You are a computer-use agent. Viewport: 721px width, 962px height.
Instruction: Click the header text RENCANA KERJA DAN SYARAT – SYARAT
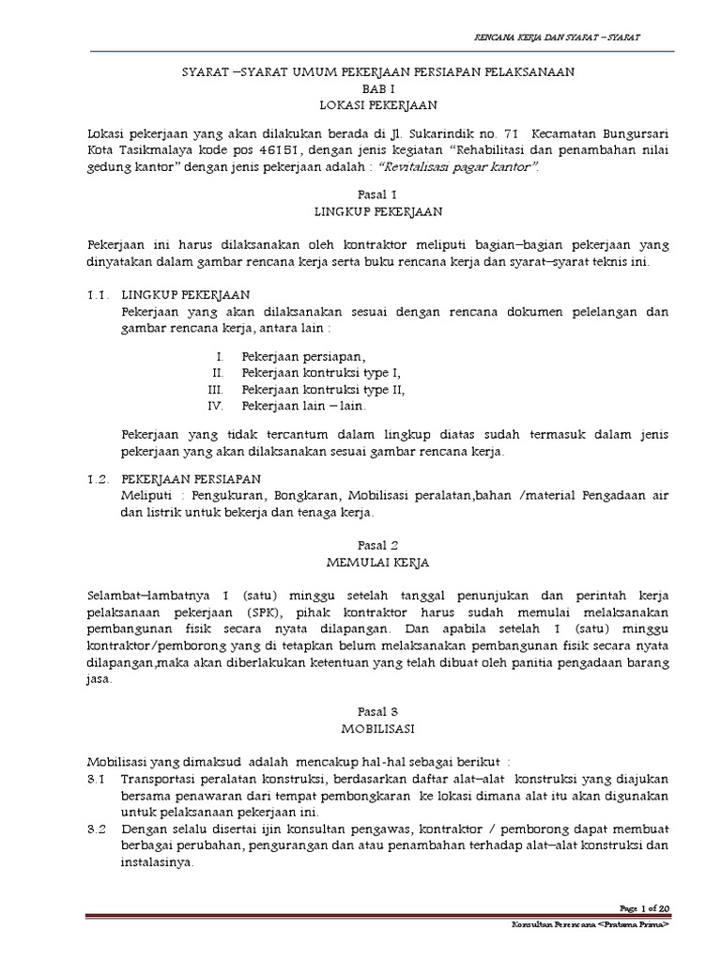(x=560, y=37)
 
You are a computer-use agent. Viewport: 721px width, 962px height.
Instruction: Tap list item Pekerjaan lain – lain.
(x=304, y=407)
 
